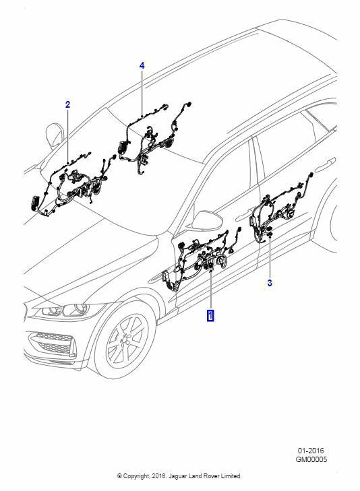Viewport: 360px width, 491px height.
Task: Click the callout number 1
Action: point(210,315)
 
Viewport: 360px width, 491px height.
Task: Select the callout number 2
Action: point(67,104)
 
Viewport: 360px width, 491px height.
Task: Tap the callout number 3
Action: point(270,283)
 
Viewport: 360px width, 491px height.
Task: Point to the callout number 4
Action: point(142,66)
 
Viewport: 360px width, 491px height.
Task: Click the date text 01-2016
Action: point(311,451)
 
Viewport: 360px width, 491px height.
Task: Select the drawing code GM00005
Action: point(311,459)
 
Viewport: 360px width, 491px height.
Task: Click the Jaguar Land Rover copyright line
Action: point(179,476)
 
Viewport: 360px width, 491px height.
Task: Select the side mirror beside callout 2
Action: point(55,135)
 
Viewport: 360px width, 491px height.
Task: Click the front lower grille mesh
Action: point(53,342)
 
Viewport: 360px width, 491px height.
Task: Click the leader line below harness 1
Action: point(211,289)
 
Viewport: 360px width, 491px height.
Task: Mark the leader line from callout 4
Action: point(142,94)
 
